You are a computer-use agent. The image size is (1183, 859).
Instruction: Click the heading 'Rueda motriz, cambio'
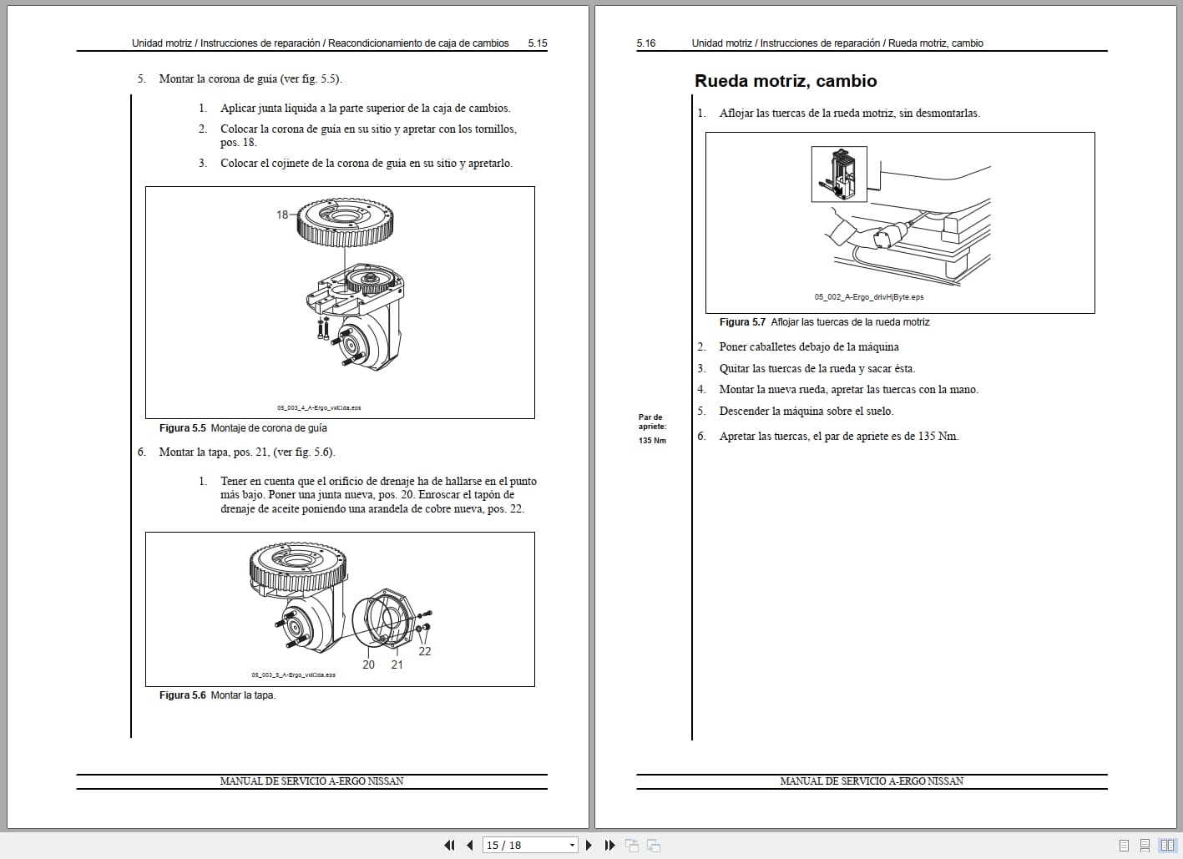pos(785,81)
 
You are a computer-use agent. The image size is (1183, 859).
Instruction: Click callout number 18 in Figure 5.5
pos(282,215)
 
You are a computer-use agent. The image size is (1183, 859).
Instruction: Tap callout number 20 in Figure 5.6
pos(368,664)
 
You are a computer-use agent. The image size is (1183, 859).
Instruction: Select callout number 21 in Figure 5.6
pos(397,664)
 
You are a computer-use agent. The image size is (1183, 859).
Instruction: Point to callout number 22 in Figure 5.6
pos(425,651)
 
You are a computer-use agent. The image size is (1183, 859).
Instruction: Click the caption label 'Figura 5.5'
pos(182,428)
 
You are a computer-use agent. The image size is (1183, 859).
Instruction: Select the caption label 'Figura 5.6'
pos(182,695)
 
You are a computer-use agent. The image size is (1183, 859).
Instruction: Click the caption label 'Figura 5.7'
pos(742,322)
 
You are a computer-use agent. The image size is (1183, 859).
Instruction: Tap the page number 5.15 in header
pos(538,43)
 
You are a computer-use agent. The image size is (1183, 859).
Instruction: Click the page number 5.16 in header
pos(646,43)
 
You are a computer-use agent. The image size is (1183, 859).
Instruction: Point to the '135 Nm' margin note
pos(652,441)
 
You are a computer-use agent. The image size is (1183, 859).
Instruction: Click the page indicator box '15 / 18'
pos(529,845)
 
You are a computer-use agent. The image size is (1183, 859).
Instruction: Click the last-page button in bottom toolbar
pos(609,845)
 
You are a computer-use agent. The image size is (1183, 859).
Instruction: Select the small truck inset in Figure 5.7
pos(839,174)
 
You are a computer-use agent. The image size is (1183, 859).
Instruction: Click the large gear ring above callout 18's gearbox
pos(346,223)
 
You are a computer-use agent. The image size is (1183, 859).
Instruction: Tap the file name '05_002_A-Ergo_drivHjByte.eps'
pos(869,296)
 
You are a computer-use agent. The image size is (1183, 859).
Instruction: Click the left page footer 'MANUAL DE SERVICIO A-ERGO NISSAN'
pos(311,781)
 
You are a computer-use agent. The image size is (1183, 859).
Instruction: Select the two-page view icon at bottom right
pos(1167,845)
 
